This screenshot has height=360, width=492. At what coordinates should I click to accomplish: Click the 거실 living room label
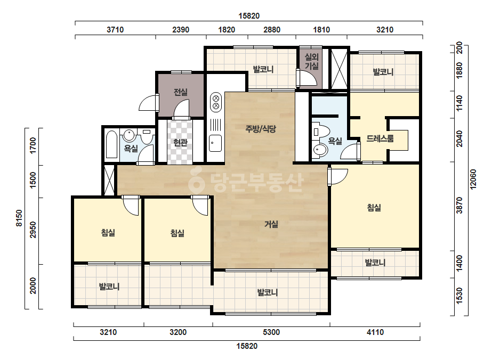tap(271, 224)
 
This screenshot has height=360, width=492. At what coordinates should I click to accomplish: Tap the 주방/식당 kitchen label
tap(261, 129)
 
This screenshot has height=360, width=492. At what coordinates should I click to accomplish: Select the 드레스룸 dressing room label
tap(380, 138)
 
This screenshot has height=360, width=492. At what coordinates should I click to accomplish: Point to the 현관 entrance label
tap(180, 143)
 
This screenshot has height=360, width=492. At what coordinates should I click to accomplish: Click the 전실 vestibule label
tap(181, 92)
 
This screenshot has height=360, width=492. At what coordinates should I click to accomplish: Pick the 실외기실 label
tap(312, 61)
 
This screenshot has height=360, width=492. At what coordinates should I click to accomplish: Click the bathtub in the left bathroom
tap(112, 144)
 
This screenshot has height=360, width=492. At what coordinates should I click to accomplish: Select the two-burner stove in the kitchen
tap(216, 102)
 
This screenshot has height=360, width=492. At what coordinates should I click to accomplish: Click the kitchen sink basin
tap(215, 143)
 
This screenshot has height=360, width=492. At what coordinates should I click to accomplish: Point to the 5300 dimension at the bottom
tap(271, 332)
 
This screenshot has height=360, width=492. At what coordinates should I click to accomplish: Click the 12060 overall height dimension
tap(473, 179)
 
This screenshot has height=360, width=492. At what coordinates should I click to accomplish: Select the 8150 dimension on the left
tap(19, 218)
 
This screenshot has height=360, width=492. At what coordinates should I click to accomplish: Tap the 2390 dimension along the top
tap(181, 30)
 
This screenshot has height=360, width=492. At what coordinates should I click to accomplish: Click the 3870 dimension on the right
tap(459, 206)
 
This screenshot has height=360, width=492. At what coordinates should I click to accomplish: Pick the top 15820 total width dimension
tap(249, 16)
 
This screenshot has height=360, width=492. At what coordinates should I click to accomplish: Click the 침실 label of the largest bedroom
tap(374, 208)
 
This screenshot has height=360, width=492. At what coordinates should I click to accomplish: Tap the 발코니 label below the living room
tap(268, 292)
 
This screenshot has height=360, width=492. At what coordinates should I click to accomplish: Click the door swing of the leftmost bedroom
tap(130, 206)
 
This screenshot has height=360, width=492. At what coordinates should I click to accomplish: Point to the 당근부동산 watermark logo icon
tap(197, 181)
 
